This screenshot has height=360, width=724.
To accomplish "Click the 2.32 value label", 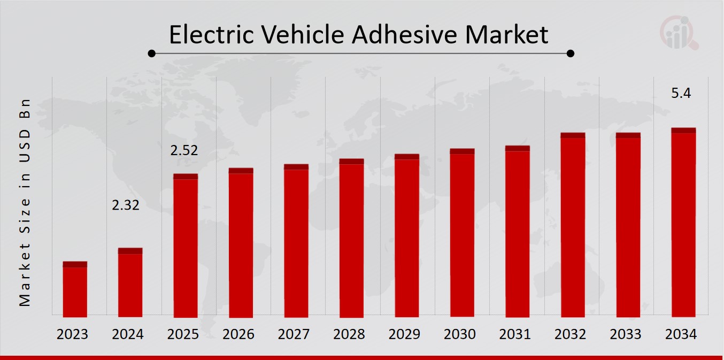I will pos(126,205).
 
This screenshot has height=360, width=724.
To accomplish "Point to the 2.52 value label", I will pos(184,151).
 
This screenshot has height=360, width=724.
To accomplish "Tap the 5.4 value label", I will pos(681,94).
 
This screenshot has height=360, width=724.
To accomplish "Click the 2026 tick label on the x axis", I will pos(238,335).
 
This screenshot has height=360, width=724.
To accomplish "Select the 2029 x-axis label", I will pos(405,335).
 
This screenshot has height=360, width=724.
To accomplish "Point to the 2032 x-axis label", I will pos(571,335).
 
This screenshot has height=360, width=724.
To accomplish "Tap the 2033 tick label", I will pos(626,335).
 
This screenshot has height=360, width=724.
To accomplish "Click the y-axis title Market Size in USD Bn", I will pos(25,203).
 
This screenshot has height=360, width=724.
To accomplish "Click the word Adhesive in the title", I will pos(405,35).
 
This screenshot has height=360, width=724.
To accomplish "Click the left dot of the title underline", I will pos(152,53).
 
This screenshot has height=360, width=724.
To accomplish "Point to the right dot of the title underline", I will pos(571,53).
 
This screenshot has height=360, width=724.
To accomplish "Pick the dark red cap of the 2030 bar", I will pos(462,151).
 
